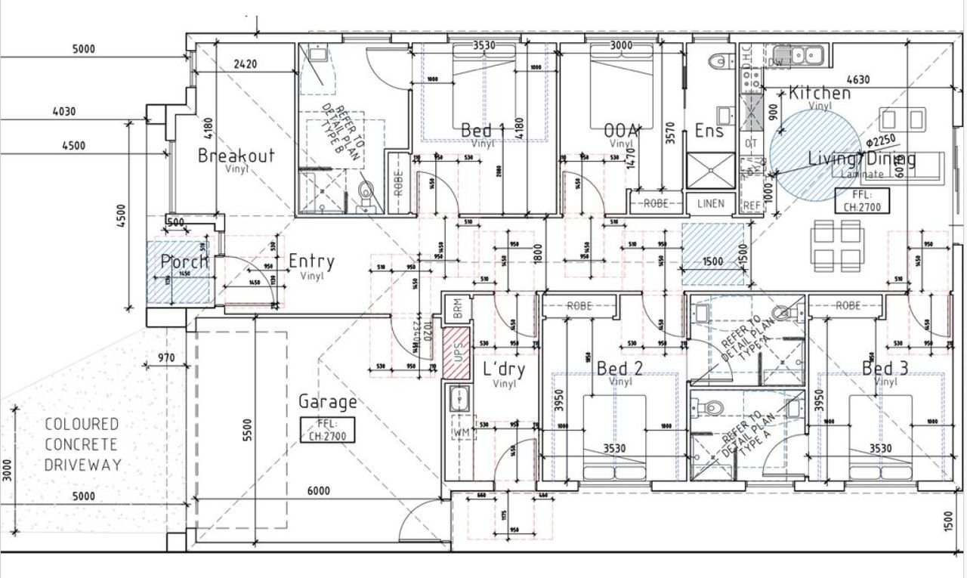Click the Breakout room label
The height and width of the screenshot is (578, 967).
click(x=236, y=156)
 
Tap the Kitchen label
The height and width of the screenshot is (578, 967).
click(x=820, y=94)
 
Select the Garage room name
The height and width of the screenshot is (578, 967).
click(x=327, y=401)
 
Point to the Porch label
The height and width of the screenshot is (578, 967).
click(x=184, y=261)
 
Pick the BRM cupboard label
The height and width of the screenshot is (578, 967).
click(x=456, y=308)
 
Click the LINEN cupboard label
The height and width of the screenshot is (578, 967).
click(x=711, y=203)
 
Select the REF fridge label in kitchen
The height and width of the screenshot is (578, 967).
click(x=751, y=205)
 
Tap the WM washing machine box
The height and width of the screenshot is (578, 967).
click(x=459, y=433)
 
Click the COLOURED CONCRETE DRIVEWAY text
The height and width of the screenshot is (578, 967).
click(x=82, y=444)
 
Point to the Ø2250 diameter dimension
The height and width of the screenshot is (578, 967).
click(x=881, y=141)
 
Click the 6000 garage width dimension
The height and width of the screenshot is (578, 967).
click(x=318, y=490)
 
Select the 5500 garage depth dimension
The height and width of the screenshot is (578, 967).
click(x=246, y=430)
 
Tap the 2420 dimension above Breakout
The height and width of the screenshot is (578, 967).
click(x=245, y=64)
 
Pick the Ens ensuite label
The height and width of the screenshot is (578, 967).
click(x=709, y=131)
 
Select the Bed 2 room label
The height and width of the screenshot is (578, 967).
click(x=619, y=368)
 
